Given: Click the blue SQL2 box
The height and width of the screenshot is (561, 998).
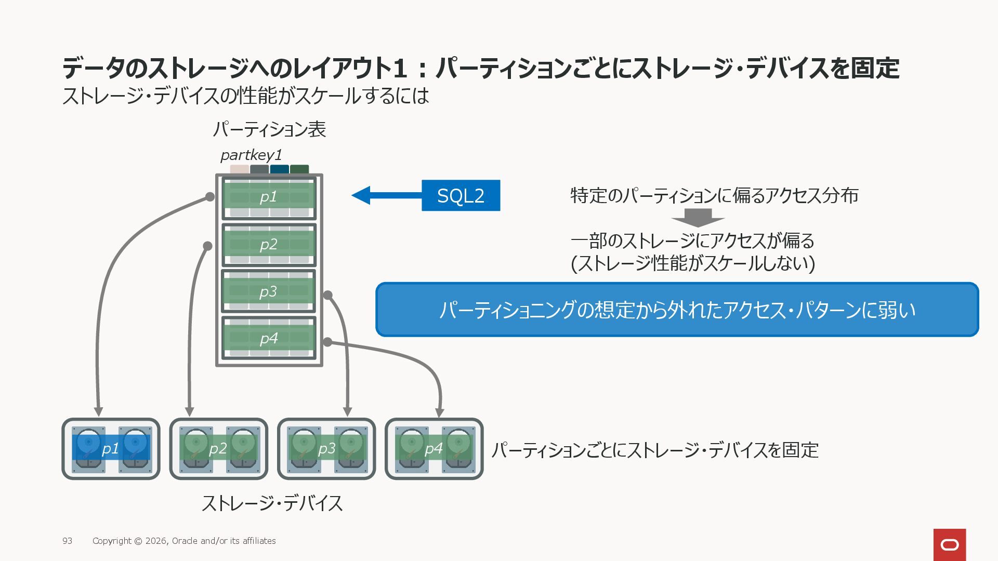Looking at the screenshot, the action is [x=461, y=195].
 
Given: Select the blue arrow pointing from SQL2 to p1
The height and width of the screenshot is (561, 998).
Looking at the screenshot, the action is [x=387, y=195].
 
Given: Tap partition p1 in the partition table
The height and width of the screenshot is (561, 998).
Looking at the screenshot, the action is [x=269, y=198].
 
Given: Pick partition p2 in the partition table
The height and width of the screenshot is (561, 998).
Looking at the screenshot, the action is [x=269, y=245].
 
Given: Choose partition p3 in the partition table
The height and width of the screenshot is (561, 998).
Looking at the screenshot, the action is [x=269, y=291].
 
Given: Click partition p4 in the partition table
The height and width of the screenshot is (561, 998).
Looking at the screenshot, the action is [x=269, y=338].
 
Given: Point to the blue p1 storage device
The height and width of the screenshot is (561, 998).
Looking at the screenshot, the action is [x=111, y=449].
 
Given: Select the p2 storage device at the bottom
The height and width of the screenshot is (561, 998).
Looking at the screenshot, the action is [x=219, y=449].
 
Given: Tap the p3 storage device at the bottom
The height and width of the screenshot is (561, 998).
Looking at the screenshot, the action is [x=326, y=449].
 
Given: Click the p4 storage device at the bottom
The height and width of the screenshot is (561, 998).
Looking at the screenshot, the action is [x=434, y=449].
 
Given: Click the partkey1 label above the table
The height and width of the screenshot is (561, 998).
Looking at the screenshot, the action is [x=251, y=155].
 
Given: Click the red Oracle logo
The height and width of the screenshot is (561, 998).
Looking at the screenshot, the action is [x=950, y=545].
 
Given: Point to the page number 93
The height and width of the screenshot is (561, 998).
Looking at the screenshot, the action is [x=68, y=541].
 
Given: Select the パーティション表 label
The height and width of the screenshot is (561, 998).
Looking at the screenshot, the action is [x=269, y=129].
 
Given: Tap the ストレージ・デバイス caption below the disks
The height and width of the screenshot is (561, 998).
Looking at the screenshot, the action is [x=272, y=503].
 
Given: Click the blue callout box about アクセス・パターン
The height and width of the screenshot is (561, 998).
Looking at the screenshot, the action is [x=677, y=310].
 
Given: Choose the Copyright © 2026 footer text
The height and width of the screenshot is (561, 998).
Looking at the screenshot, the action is [x=184, y=541].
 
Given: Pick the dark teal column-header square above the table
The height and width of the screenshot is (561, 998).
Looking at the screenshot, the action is [x=279, y=169].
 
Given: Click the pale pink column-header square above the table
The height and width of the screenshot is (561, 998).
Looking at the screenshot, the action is [x=240, y=169].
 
